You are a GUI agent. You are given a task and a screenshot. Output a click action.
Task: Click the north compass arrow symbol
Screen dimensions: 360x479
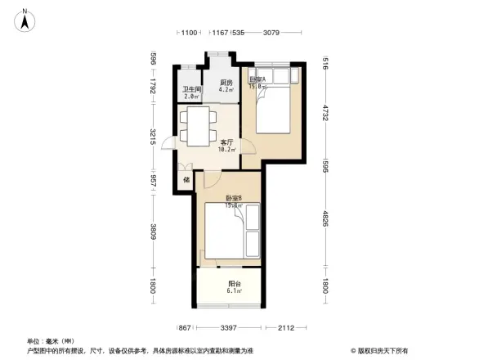(x=25, y=19)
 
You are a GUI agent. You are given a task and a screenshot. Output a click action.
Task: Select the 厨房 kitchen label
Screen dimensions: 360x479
(x=226, y=83)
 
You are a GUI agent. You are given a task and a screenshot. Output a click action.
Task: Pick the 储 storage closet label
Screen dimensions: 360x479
(x=186, y=179)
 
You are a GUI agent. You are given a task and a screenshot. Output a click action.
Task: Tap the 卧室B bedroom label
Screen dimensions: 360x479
(x=234, y=199)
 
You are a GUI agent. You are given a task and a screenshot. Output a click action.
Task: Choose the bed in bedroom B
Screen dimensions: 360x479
(x=231, y=232)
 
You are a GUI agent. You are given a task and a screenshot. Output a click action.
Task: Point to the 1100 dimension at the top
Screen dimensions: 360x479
(x=189, y=33)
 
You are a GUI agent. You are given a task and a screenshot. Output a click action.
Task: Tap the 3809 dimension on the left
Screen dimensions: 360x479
(x=153, y=232)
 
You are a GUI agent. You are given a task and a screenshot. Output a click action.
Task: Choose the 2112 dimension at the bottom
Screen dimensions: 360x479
(x=286, y=328)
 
